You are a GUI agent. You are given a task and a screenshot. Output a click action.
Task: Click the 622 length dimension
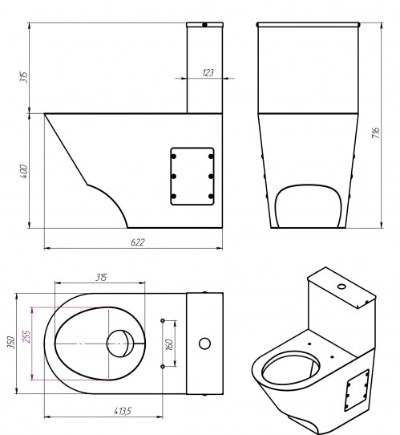tap(138, 242)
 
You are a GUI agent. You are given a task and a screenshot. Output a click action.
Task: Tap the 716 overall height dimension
tap(375, 133)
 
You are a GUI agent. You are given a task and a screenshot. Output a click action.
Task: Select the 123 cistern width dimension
tap(208, 73)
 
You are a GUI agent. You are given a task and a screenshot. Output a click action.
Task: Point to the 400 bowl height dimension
tap(24, 171)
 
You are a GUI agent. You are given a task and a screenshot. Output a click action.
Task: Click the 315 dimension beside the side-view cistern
tap(23, 77)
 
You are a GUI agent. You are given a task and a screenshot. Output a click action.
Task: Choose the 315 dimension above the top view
tap(101, 277)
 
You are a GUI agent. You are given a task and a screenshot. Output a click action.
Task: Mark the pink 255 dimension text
tap(26, 336)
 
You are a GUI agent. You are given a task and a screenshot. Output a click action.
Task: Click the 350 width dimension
tap(10, 343)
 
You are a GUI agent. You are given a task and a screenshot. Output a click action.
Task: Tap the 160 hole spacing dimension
tap(169, 344)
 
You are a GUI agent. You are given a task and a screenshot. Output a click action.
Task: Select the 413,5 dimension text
tap(123, 411)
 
